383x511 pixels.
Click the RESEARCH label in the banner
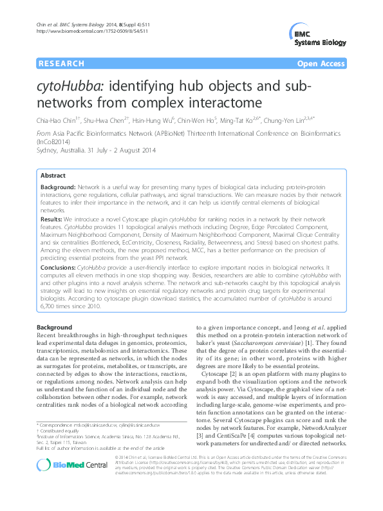[x=61, y=64]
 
